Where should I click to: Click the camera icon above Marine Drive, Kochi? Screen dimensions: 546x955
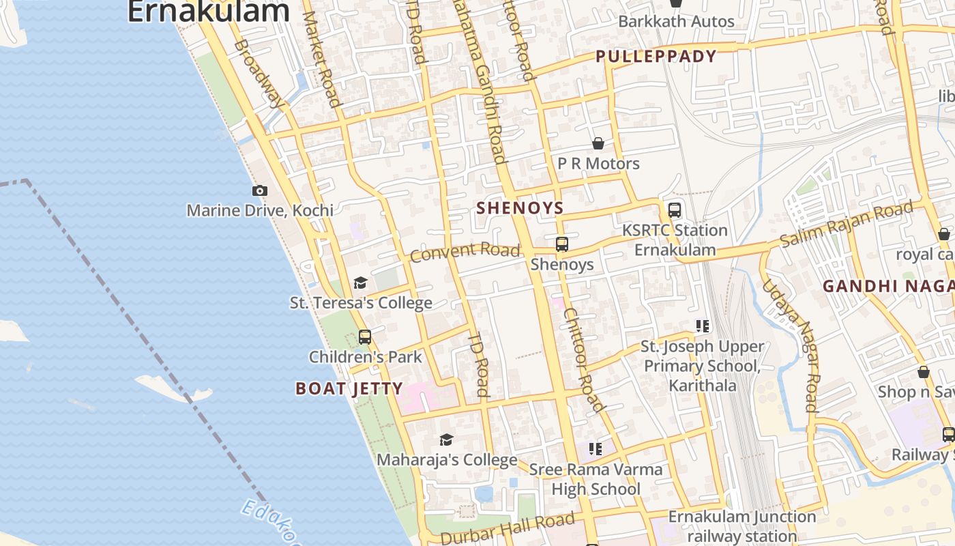pyautogui.click(x=259, y=191)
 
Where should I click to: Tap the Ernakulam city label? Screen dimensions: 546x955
pyautogui.click(x=208, y=12)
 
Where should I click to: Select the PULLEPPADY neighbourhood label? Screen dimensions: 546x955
pyautogui.click(x=656, y=57)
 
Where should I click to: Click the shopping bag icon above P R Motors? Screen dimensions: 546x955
pyautogui.click(x=598, y=143)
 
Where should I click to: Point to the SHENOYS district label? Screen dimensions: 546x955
pyautogui.click(x=520, y=208)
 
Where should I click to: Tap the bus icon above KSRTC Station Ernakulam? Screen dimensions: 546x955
pyautogui.click(x=675, y=210)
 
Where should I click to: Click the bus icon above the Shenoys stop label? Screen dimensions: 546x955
pyautogui.click(x=562, y=244)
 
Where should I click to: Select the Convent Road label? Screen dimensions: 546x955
pyautogui.click(x=465, y=252)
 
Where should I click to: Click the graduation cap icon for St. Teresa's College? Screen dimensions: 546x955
pyautogui.click(x=360, y=283)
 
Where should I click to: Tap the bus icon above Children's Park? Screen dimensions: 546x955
pyautogui.click(x=365, y=336)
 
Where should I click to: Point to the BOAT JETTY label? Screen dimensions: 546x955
pyautogui.click(x=349, y=389)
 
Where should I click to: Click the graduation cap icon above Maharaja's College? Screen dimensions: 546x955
pyautogui.click(x=446, y=440)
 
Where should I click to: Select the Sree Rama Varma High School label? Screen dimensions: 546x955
pyautogui.click(x=596, y=479)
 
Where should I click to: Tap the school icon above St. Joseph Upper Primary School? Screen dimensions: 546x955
pyautogui.click(x=703, y=326)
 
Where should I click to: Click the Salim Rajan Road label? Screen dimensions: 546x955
pyautogui.click(x=847, y=225)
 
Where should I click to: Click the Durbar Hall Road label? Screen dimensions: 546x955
pyautogui.click(x=508, y=529)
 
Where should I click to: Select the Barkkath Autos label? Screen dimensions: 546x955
pyautogui.click(x=676, y=21)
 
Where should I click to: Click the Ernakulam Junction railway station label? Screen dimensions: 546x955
pyautogui.click(x=741, y=526)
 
